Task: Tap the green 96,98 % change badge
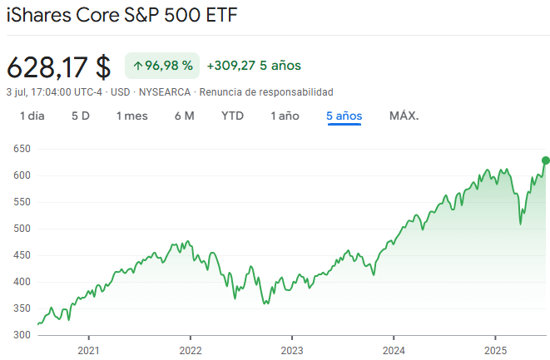(x=162, y=65)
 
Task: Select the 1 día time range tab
(x=32, y=116)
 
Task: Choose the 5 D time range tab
(x=80, y=116)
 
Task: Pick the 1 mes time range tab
(x=132, y=116)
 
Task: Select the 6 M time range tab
(x=185, y=116)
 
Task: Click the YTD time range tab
(x=232, y=116)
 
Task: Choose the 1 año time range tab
(x=285, y=116)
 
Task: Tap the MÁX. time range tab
(x=404, y=116)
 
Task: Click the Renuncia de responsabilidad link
(x=266, y=91)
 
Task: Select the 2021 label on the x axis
(x=88, y=350)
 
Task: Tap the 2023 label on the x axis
(x=291, y=350)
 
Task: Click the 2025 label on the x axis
(x=495, y=350)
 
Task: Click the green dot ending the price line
(x=546, y=160)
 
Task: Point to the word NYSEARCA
(x=164, y=91)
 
